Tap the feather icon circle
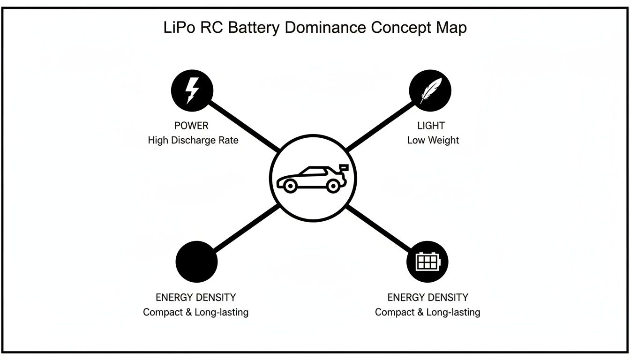pyautogui.click(x=430, y=90)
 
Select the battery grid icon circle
pyautogui.click(x=427, y=262)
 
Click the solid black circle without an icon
pyautogui.click(x=196, y=262)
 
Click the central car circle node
pyautogui.click(x=313, y=178)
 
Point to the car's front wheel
pyautogui.click(x=290, y=186)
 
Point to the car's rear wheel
pyautogui.click(x=333, y=186)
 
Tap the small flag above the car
pyautogui.click(x=345, y=166)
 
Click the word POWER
pyautogui.click(x=191, y=126)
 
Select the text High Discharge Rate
pyautogui.click(x=193, y=140)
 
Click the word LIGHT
pyautogui.click(x=431, y=126)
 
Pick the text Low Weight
pyautogui.click(x=433, y=140)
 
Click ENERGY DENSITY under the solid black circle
pyautogui.click(x=195, y=297)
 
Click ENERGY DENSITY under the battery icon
pyautogui.click(x=427, y=297)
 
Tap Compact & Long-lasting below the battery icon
pyautogui.click(x=427, y=312)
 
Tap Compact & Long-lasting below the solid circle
pyautogui.click(x=195, y=312)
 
